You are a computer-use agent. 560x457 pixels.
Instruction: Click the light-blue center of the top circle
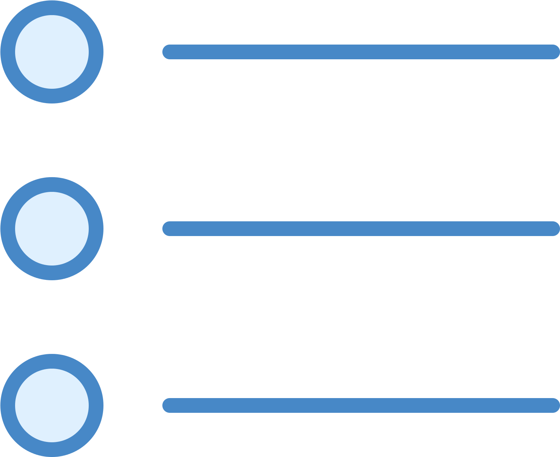coord(52,52)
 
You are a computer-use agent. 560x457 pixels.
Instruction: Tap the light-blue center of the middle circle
coord(52,229)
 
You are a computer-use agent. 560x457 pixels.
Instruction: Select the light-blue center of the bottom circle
coord(52,405)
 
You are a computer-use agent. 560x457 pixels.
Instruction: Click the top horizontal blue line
coord(361,52)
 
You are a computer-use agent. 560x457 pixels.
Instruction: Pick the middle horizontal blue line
coord(361,229)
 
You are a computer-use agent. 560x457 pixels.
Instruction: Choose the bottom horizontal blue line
coord(361,405)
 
